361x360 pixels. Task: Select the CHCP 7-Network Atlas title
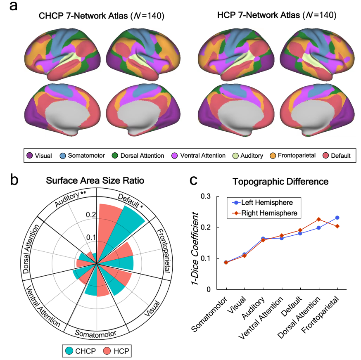102,16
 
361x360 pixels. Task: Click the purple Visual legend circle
30,156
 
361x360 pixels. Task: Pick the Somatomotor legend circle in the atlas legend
62,156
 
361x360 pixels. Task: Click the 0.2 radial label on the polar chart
92,215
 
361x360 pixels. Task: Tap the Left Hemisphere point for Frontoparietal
337,218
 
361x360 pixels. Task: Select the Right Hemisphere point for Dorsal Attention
318,219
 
